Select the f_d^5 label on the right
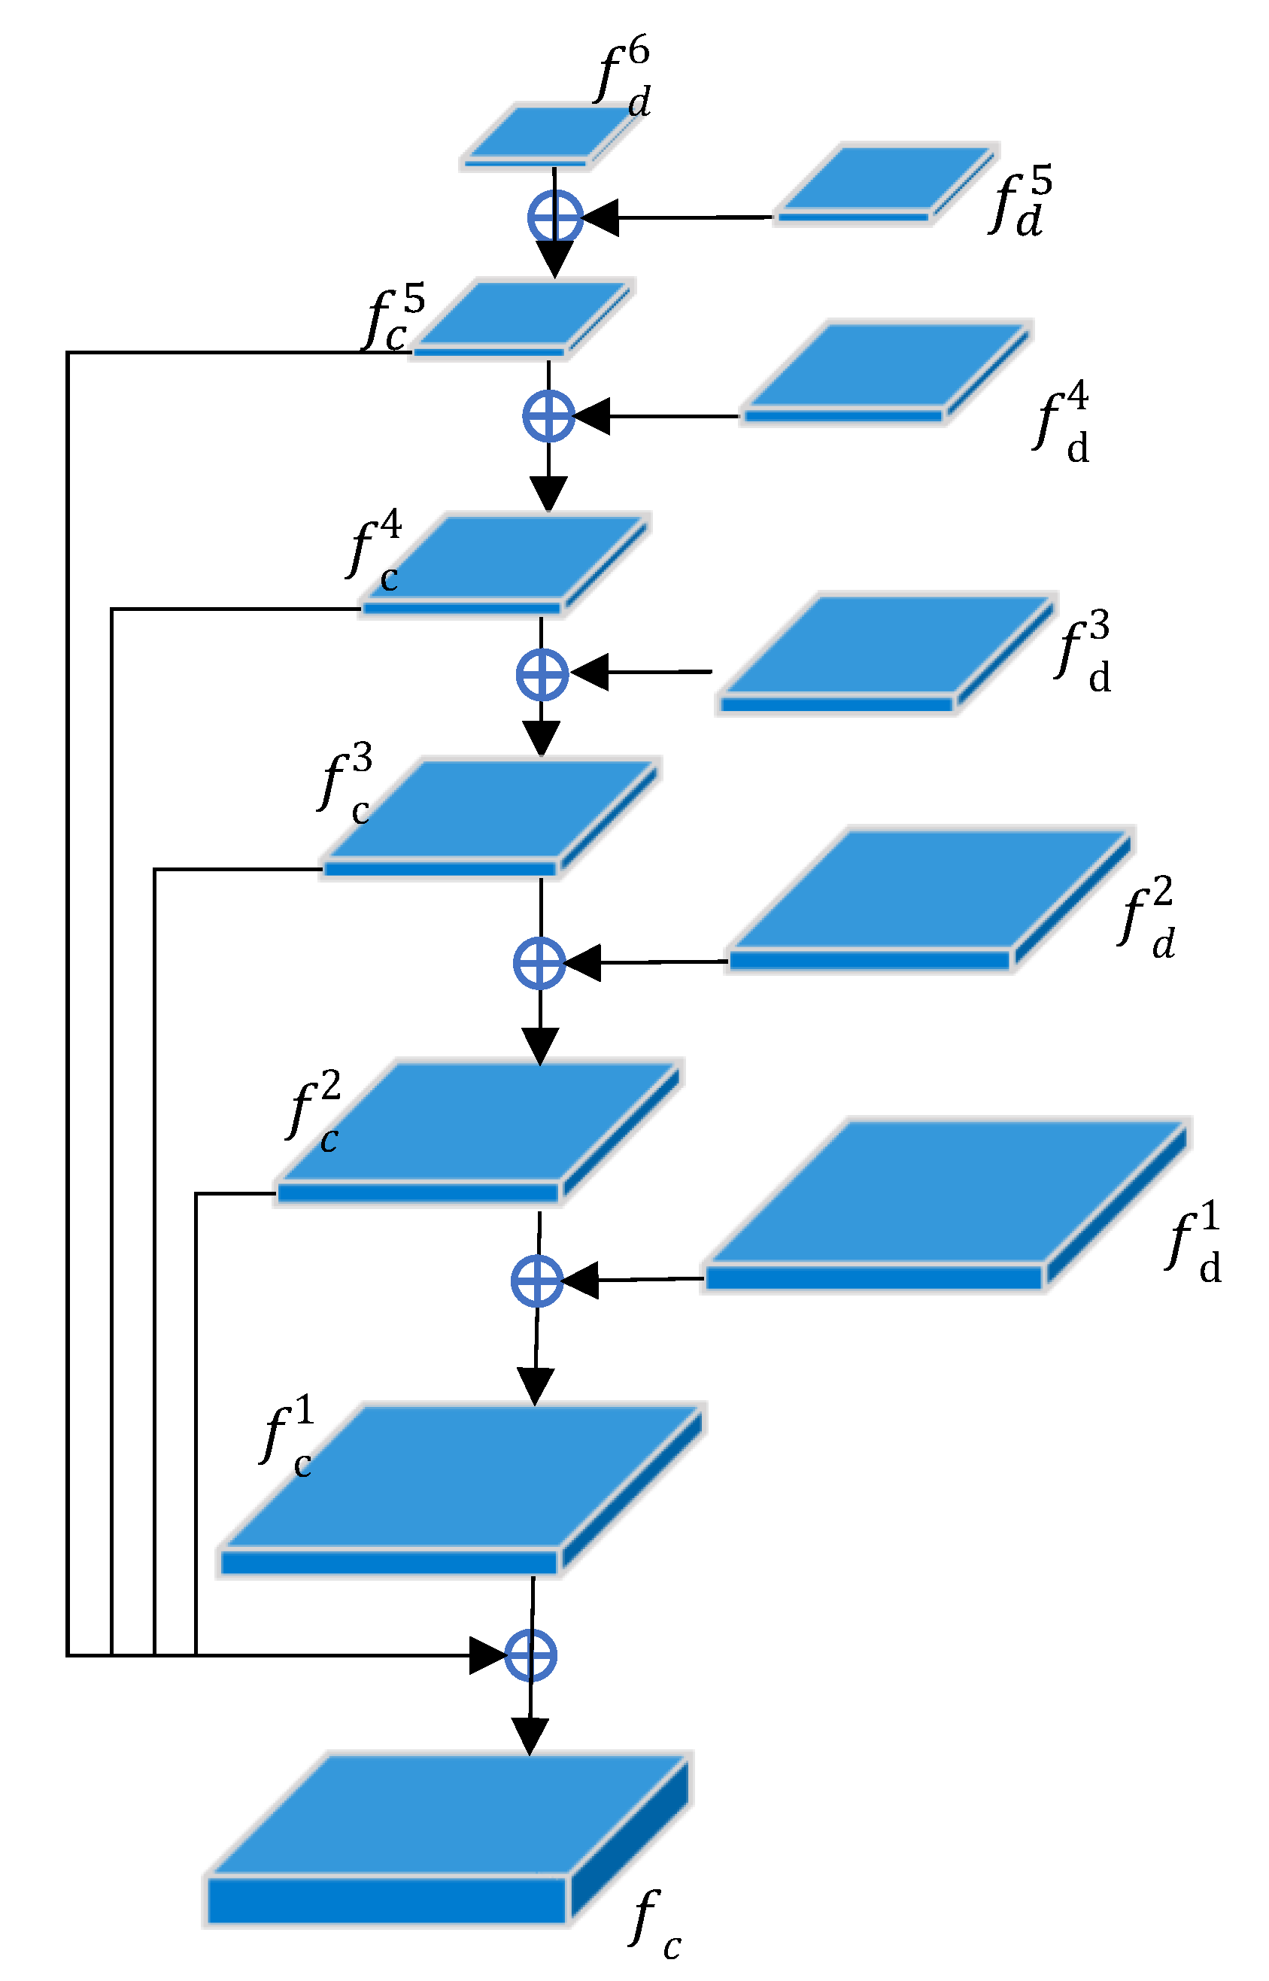tap(1020, 202)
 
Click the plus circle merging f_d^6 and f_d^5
tap(554, 217)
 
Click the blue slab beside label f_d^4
tap(886, 371)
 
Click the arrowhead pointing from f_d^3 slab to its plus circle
tap(590, 672)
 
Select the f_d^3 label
tap(1084, 651)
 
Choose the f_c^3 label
tap(346, 782)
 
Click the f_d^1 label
tap(1193, 1243)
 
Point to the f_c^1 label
tap(287, 1434)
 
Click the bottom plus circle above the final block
tap(530, 1654)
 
